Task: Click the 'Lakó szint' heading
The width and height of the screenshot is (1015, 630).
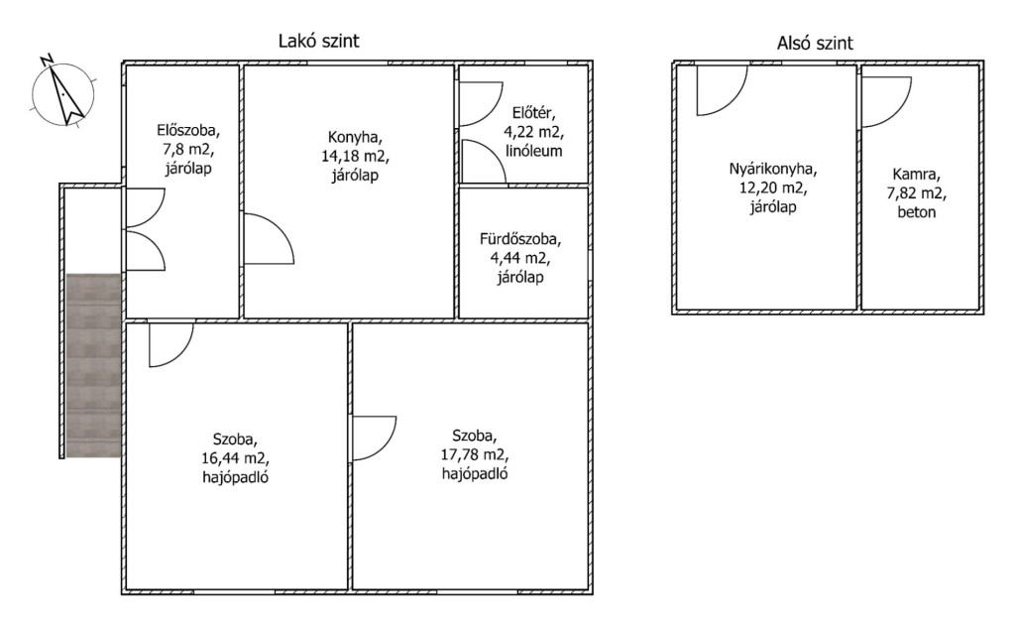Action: tap(318, 42)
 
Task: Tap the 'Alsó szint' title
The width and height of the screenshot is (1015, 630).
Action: tap(815, 44)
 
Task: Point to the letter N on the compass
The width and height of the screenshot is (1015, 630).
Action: tap(47, 61)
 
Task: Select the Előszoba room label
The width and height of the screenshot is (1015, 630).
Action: tap(188, 130)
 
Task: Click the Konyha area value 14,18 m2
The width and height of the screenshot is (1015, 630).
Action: tap(356, 156)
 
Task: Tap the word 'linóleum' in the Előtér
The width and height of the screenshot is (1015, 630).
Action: tap(534, 151)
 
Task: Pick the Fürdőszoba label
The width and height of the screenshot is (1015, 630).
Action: tap(520, 239)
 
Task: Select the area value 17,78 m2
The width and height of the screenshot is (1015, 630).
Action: tap(475, 454)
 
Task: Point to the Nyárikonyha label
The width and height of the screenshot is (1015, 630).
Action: tap(773, 170)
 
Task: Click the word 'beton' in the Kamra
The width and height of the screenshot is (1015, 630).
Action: tap(917, 212)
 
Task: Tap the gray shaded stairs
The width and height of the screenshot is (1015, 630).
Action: tap(94, 365)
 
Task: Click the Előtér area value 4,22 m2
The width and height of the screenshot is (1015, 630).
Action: tap(534, 132)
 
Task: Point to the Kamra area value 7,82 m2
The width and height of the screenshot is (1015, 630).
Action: tap(917, 193)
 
